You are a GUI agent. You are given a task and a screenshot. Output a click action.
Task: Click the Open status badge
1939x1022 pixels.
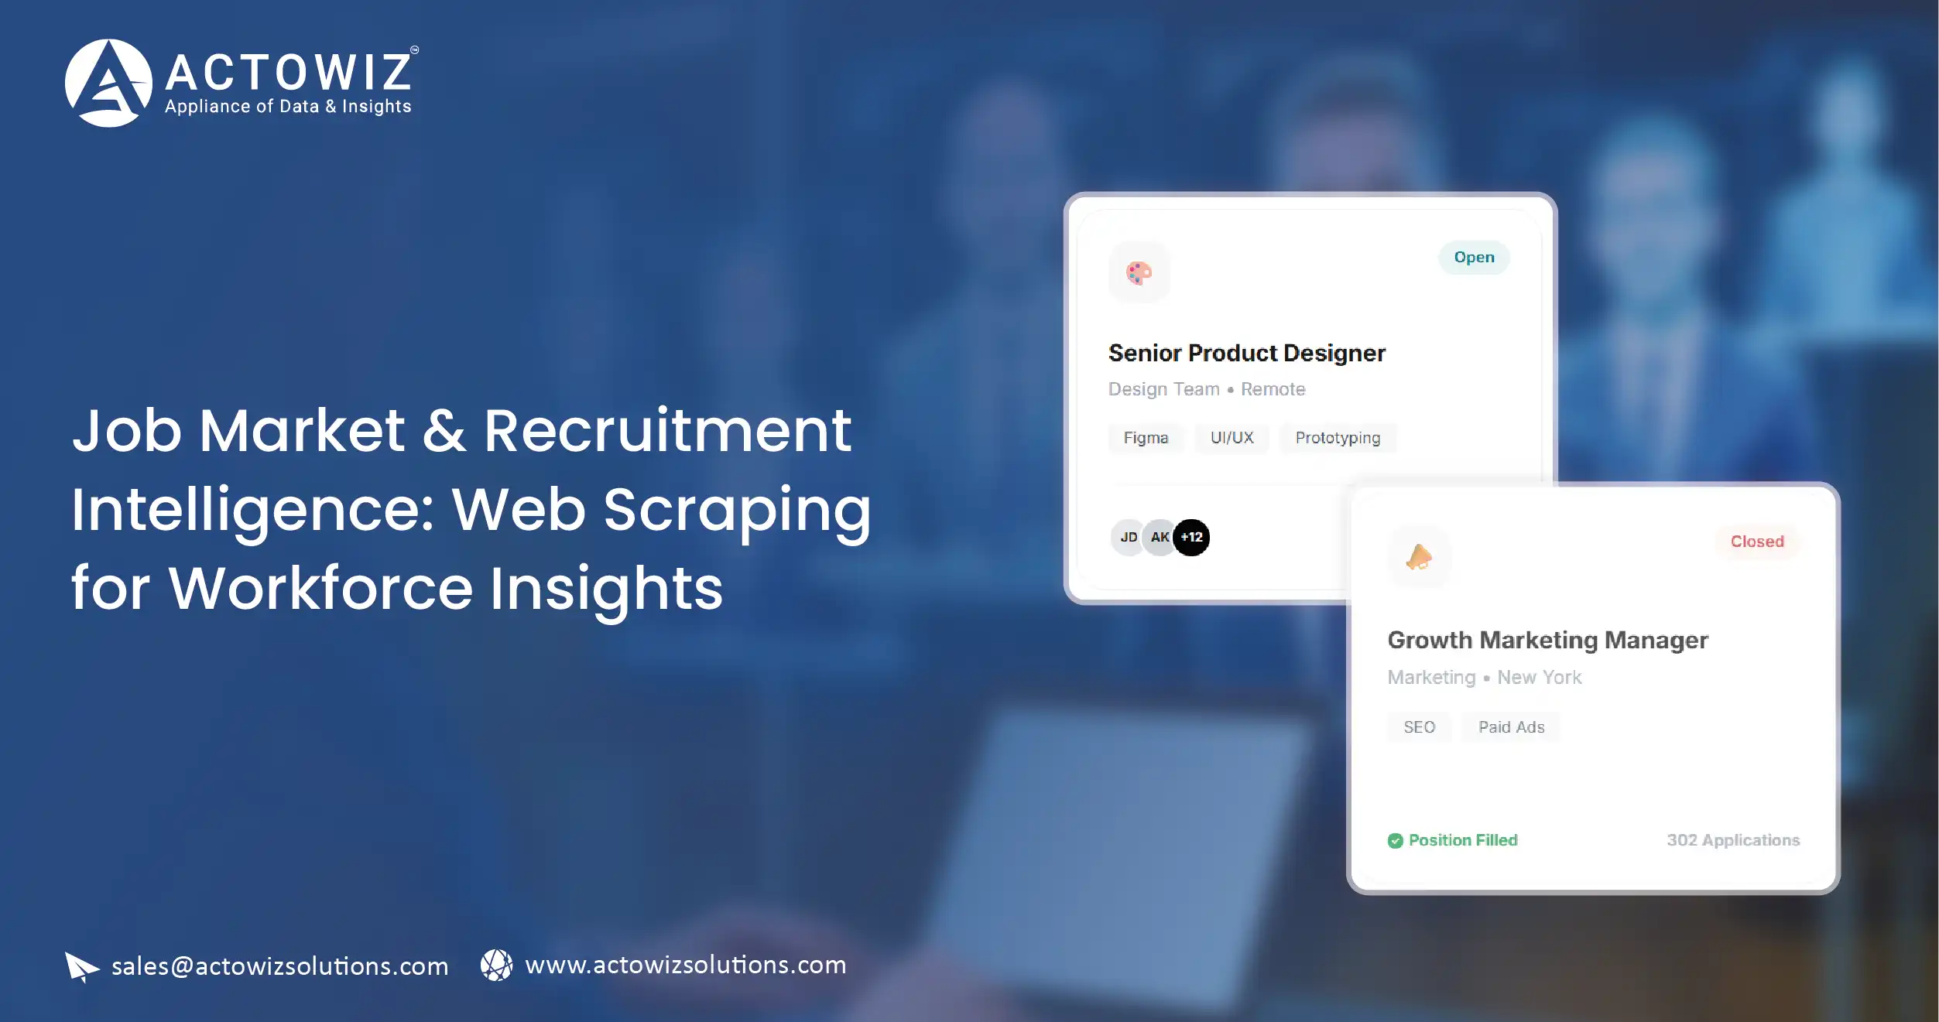pos(1474,258)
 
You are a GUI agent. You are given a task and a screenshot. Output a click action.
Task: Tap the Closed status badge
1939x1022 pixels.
pos(1756,542)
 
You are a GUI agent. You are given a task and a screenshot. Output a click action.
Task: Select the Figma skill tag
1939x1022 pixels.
pos(1146,438)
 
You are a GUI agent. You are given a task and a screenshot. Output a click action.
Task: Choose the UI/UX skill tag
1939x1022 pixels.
pos(1232,438)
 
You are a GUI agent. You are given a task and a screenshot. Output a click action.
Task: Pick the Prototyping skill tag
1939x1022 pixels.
pos(1338,438)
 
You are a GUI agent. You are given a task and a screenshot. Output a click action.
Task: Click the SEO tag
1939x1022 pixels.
pos(1419,727)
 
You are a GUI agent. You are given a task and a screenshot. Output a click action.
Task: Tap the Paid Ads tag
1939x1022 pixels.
pos(1511,727)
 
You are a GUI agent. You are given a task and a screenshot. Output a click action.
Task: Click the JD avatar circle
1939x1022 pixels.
pos(1128,537)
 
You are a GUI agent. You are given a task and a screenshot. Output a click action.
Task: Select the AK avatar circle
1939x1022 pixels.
pos(1158,537)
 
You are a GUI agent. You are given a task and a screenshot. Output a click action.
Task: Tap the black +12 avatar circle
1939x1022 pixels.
pos(1192,537)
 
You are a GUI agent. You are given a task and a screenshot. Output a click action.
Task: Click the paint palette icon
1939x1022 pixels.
pos(1139,272)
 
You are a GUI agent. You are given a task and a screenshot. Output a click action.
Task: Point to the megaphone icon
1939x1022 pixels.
pos(1419,556)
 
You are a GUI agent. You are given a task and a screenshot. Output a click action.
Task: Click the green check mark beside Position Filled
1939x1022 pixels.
pos(1395,841)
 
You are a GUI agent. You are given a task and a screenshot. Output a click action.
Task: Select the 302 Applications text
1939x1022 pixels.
pos(1732,840)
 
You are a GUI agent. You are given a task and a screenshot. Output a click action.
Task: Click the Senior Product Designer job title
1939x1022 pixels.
pos(1246,353)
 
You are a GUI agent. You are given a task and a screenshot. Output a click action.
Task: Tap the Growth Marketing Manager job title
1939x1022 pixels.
pos(1547,640)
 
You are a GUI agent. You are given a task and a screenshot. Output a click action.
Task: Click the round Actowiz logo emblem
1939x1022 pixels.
pos(108,83)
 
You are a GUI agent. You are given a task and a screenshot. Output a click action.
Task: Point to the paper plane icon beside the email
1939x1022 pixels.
pos(81,966)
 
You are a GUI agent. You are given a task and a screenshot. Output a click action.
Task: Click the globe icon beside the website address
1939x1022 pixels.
pos(496,966)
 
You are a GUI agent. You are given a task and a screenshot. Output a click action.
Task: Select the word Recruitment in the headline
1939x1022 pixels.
pos(667,430)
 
